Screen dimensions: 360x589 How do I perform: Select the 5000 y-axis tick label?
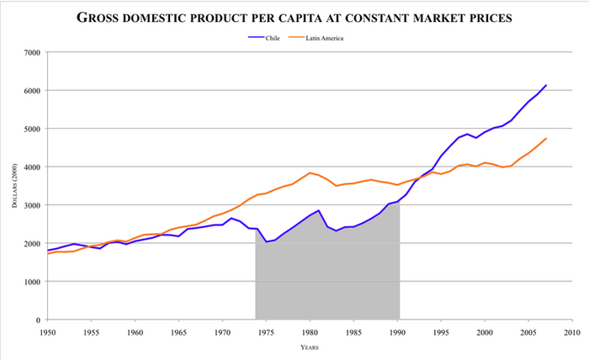(x=32, y=129)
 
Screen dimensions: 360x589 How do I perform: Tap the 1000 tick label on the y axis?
(x=32, y=282)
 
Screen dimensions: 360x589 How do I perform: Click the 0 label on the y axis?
(x=38, y=320)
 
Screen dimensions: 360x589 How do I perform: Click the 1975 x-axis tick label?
(x=266, y=332)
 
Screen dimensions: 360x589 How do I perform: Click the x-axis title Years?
(x=310, y=347)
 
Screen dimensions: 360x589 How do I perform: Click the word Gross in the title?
(x=102, y=17)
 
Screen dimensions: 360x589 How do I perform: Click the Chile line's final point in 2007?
(x=546, y=85)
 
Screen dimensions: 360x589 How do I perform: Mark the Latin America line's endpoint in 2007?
(x=546, y=139)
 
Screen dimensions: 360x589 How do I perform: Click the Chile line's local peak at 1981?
(x=319, y=210)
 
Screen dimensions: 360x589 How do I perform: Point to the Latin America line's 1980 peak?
(x=310, y=172)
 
